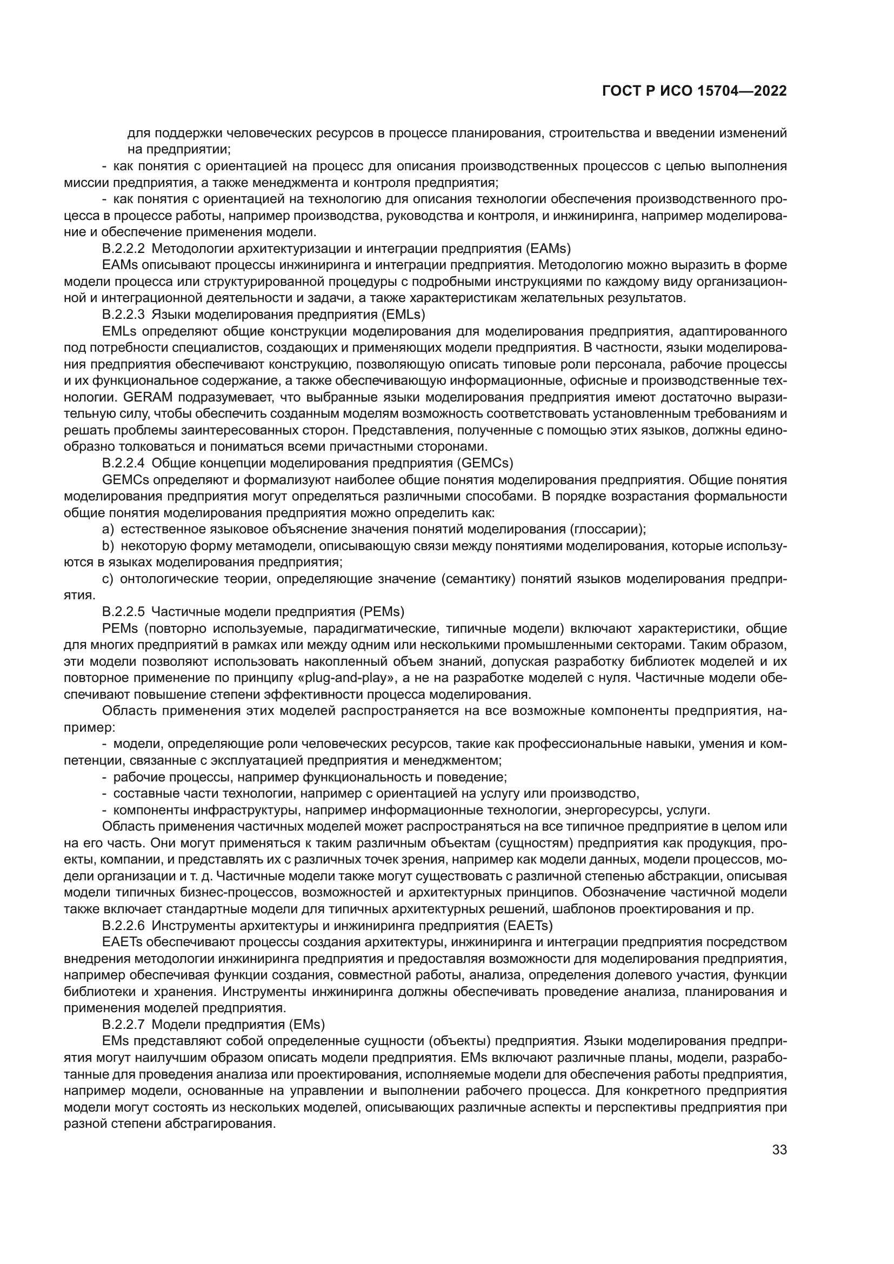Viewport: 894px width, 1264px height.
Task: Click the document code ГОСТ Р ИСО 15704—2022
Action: (694, 91)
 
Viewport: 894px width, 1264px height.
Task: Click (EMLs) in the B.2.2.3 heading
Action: (404, 315)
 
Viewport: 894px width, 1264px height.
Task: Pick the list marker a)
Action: (108, 529)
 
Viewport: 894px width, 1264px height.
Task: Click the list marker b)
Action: (108, 546)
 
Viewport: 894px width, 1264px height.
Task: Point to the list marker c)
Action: (108, 579)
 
